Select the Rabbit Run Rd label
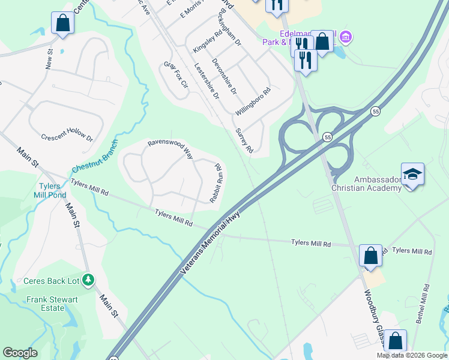pos(215,184)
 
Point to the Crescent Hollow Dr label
pos(67,137)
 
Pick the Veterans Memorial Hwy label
pos(210,245)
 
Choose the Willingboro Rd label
pos(253,101)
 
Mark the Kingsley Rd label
pos(208,41)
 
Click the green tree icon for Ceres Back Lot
pos(88,280)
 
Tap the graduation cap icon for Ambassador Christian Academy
pos(413,174)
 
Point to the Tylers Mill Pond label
pos(53,190)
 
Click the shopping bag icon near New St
pos(62,23)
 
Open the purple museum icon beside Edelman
pos(345,38)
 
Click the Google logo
pos(20,353)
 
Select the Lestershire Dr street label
pos(206,82)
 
